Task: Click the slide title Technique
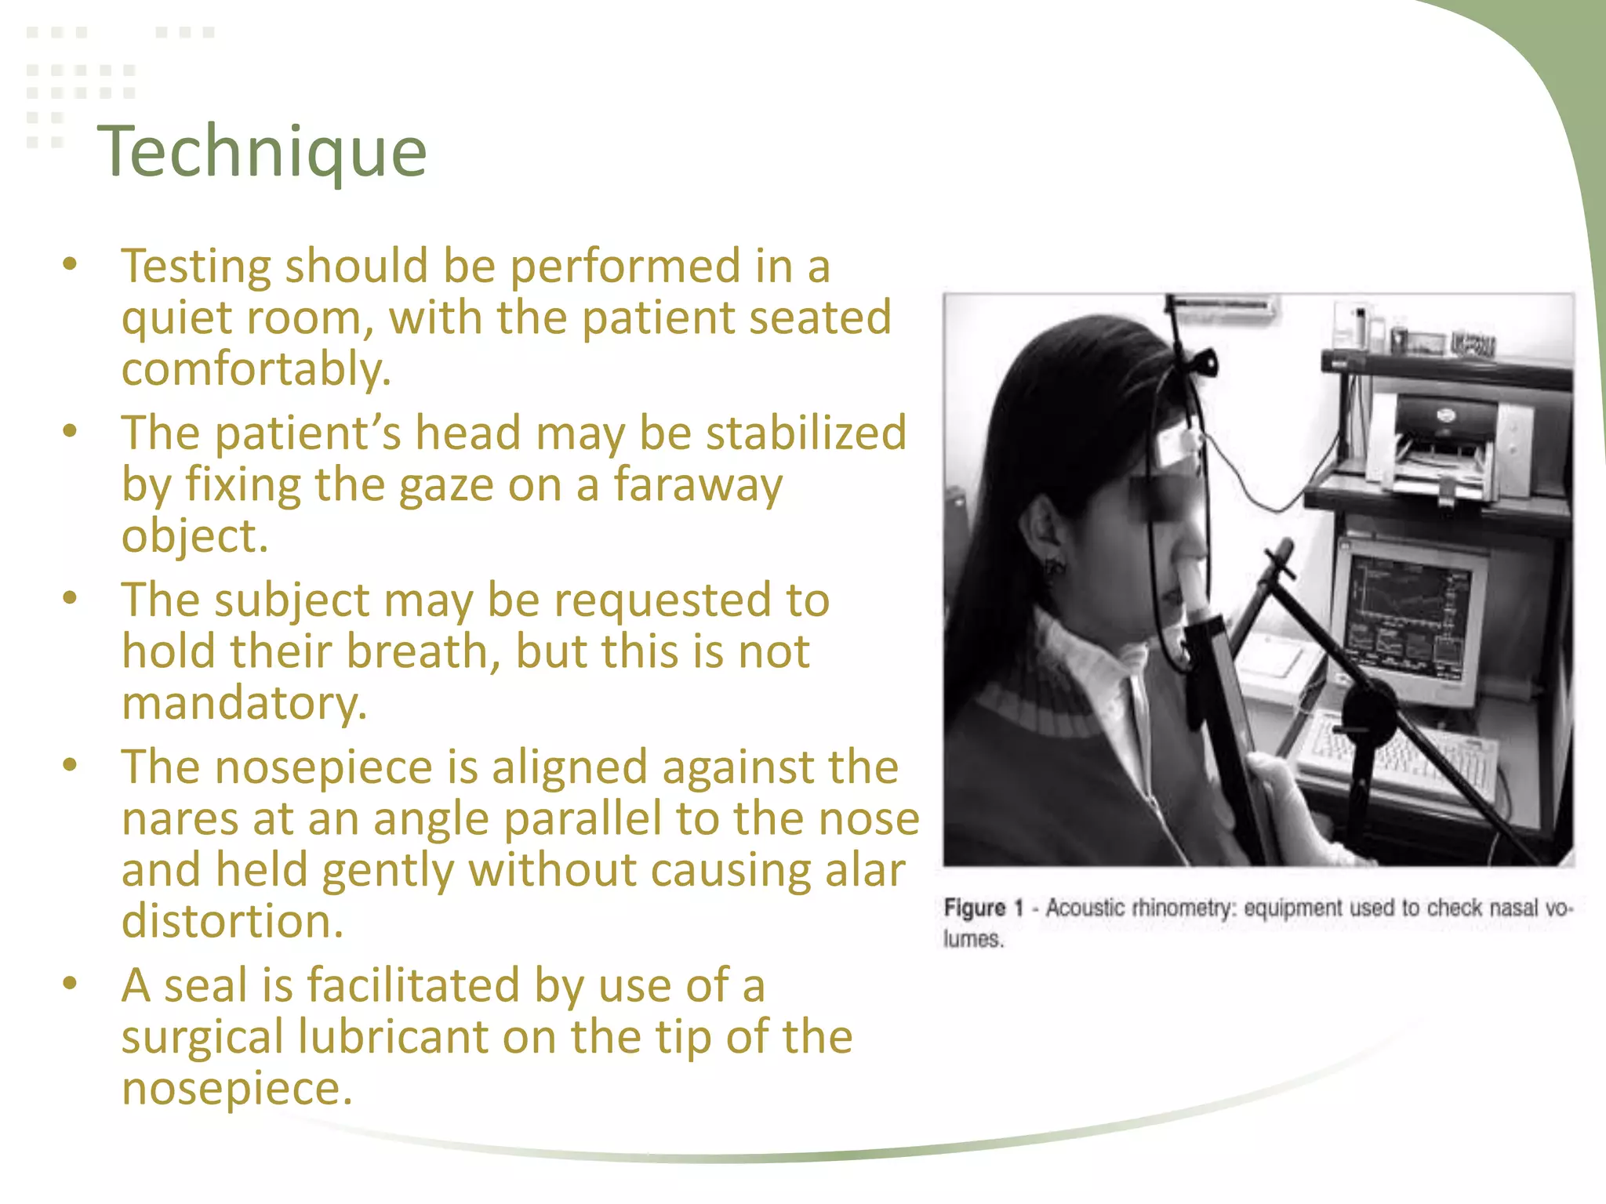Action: pyautogui.click(x=262, y=151)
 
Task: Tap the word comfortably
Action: pyautogui.click(x=256, y=369)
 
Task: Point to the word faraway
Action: pyautogui.click(x=697, y=484)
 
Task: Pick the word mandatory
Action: pyautogui.click(x=244, y=703)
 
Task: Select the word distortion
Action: pyautogui.click(x=232, y=921)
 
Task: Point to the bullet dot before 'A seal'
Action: pyautogui.click(x=71, y=983)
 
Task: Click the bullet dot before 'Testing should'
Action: pyautogui.click(x=71, y=264)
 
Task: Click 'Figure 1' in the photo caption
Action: pyautogui.click(x=983, y=908)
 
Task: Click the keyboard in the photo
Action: pyautogui.click(x=1396, y=752)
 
